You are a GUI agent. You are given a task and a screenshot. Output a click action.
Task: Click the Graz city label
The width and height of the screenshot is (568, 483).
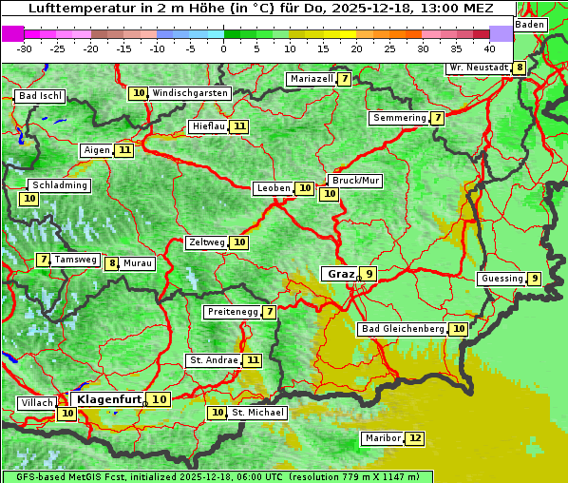340,274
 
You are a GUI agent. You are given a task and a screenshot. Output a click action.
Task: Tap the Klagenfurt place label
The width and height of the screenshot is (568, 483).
107,399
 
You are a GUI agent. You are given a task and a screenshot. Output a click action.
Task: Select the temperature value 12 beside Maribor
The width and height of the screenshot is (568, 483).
415,438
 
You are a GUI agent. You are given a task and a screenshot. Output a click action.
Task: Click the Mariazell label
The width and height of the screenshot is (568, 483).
311,79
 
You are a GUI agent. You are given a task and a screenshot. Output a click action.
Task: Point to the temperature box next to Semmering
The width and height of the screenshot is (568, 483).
437,118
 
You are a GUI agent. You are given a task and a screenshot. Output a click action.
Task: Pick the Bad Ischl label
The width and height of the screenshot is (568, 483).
40,96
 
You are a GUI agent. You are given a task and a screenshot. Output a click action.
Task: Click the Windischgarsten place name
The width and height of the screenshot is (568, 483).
190,93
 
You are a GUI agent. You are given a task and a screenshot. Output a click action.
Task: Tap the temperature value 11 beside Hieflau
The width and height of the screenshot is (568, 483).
239,126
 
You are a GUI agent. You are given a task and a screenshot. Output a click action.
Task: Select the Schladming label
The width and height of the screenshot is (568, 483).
60,185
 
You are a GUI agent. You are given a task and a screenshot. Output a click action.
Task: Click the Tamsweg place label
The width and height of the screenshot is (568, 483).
75,260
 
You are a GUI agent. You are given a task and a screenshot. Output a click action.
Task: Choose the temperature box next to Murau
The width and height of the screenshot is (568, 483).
112,263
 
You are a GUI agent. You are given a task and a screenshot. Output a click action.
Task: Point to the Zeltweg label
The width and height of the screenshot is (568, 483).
206,242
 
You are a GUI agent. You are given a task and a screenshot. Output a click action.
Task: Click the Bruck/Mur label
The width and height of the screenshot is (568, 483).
355,180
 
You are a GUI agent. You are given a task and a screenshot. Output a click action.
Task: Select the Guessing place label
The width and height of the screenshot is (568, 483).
502,279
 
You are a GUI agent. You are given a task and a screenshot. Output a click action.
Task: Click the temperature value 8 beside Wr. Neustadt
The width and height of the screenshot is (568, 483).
519,68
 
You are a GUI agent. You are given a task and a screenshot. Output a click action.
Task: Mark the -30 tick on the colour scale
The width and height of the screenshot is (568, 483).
25,48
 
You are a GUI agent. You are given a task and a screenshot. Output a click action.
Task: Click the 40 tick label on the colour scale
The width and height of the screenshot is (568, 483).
489,48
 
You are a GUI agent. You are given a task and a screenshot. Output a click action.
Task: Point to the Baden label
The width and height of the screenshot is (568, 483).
531,25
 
